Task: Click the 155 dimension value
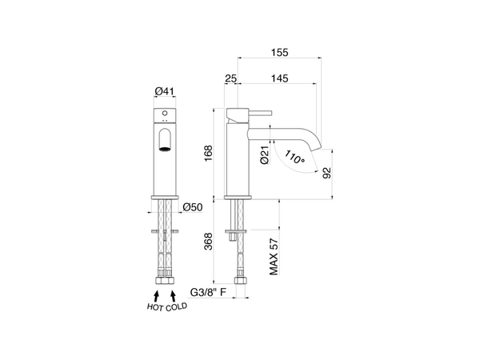(x=280, y=52)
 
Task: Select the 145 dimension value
(x=280, y=78)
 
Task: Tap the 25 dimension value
(x=231, y=78)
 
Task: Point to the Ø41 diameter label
(x=164, y=91)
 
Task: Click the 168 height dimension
(x=208, y=154)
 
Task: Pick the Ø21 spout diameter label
(x=265, y=155)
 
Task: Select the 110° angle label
(x=294, y=157)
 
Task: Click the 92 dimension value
(x=327, y=173)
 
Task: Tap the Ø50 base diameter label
(x=193, y=207)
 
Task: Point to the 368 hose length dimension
(x=208, y=242)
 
